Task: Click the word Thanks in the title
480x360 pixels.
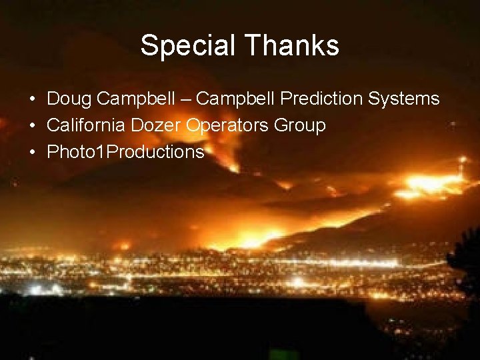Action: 293,46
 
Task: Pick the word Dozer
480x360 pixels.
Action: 159,125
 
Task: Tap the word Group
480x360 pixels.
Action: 302,125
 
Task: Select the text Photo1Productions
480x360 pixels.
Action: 125,152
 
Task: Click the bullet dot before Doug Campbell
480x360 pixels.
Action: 33,100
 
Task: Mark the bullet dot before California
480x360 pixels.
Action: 33,126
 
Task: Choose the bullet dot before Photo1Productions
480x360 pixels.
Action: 33,153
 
